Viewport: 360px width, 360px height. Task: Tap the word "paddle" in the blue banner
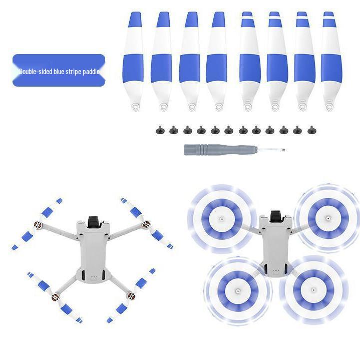click(91, 72)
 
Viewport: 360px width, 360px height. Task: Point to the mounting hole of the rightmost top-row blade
click(329, 106)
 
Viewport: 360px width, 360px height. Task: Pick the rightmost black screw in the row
click(311, 131)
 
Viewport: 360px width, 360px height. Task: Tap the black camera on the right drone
click(276, 216)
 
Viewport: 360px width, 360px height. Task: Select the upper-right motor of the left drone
click(146, 225)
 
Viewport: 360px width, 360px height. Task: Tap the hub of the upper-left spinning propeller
click(222, 219)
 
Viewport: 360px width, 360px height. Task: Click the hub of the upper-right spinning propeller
click(327, 218)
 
